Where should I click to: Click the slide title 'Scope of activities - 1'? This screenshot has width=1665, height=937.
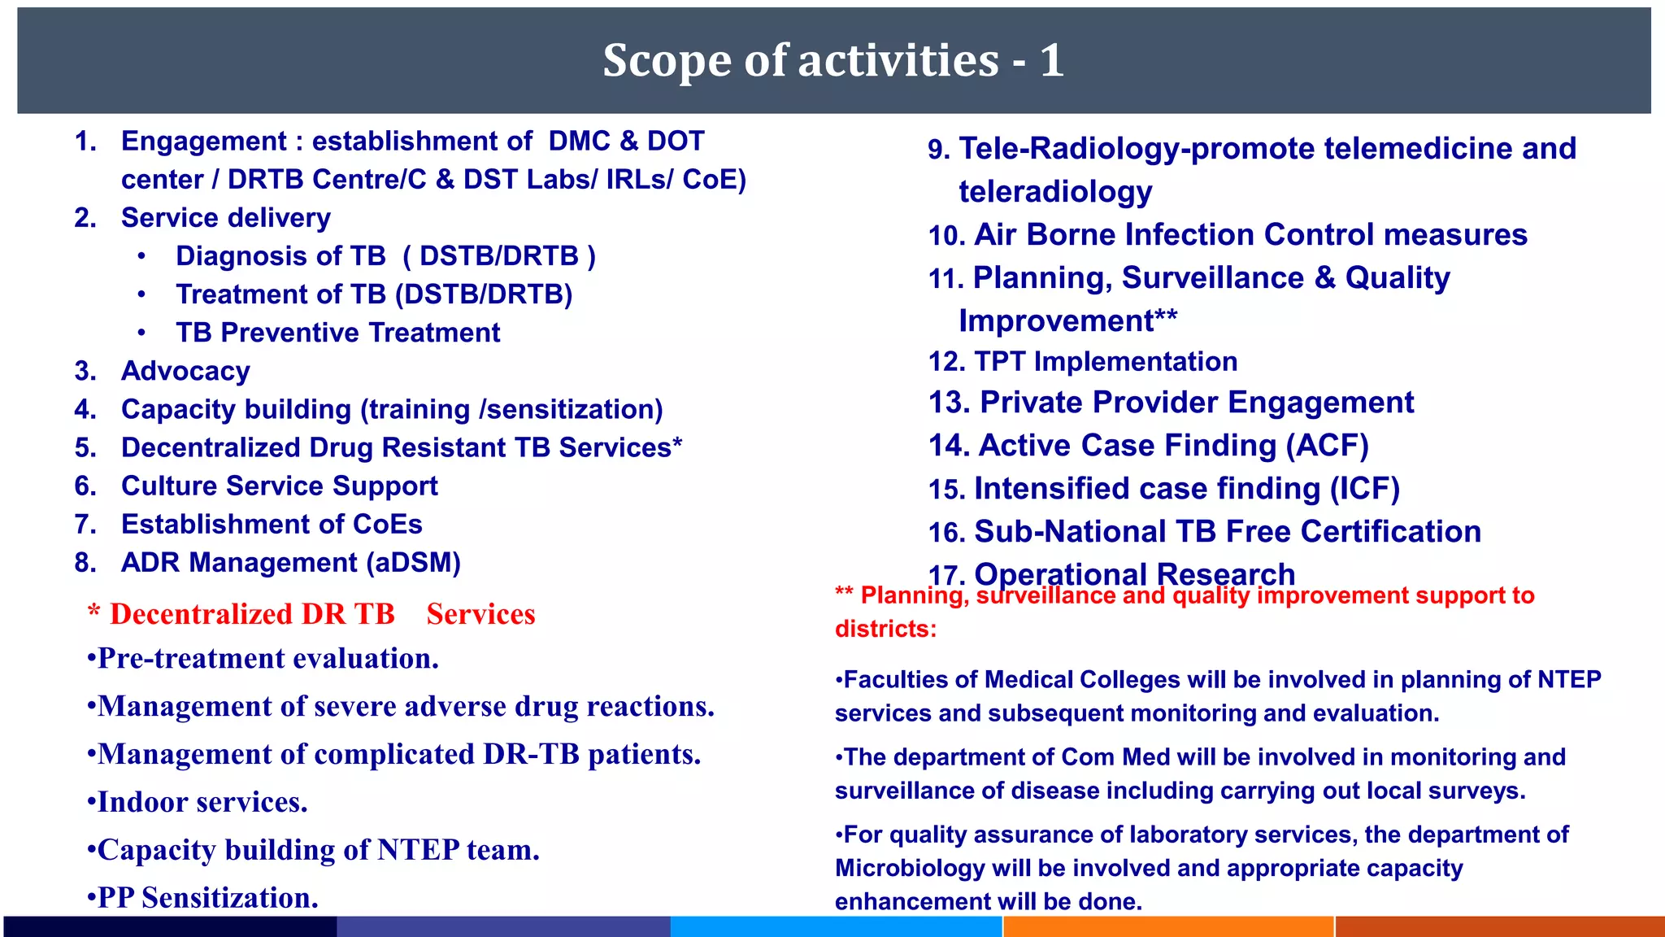833,61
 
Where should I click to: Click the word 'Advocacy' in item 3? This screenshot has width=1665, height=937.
185,371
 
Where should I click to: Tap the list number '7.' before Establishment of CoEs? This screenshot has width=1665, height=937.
85,525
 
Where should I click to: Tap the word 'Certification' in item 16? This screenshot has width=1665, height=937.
1390,532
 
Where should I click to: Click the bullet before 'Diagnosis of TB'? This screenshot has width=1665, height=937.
142,256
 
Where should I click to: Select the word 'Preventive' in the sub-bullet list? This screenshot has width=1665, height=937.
289,333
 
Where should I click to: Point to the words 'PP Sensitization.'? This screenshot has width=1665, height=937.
207,898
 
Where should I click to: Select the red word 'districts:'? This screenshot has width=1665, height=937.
885,629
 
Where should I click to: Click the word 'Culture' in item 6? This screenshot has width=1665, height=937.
169,486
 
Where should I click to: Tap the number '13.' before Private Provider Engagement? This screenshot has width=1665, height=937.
950,403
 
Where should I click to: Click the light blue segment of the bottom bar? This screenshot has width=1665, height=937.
836,926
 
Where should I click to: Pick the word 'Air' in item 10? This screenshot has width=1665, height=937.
996,235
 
